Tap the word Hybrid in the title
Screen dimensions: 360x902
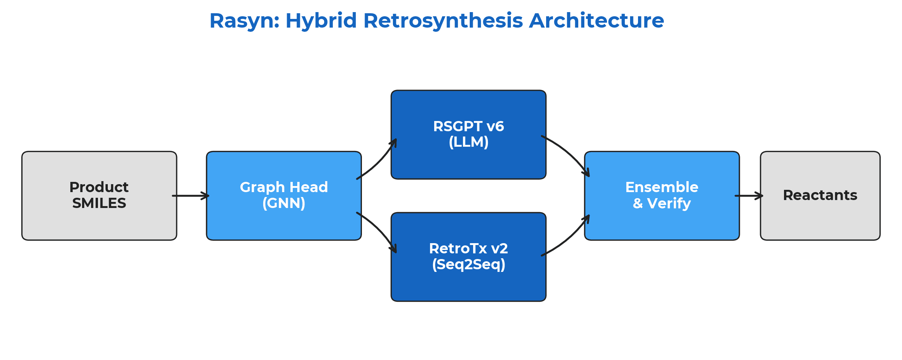click(x=321, y=21)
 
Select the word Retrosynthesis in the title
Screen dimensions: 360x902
click(x=443, y=21)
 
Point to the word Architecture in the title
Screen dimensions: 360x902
click(x=596, y=21)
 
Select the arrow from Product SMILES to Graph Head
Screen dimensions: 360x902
click(x=191, y=196)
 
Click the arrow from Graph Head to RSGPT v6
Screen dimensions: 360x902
click(x=378, y=161)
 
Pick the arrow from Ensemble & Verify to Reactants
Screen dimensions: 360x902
click(x=749, y=196)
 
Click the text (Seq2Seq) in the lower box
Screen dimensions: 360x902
click(x=468, y=264)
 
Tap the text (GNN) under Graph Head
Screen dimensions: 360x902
click(x=284, y=203)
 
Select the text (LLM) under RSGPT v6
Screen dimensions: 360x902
click(x=468, y=142)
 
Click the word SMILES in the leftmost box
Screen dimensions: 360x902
click(x=99, y=203)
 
